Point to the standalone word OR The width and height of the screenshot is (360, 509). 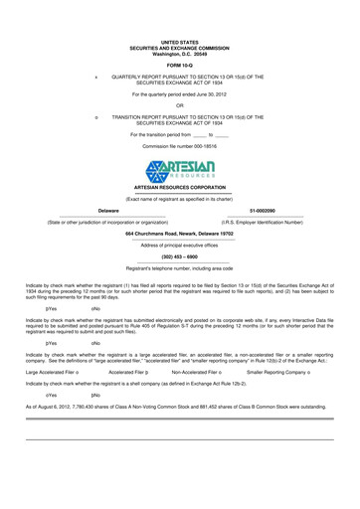click(x=180, y=105)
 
